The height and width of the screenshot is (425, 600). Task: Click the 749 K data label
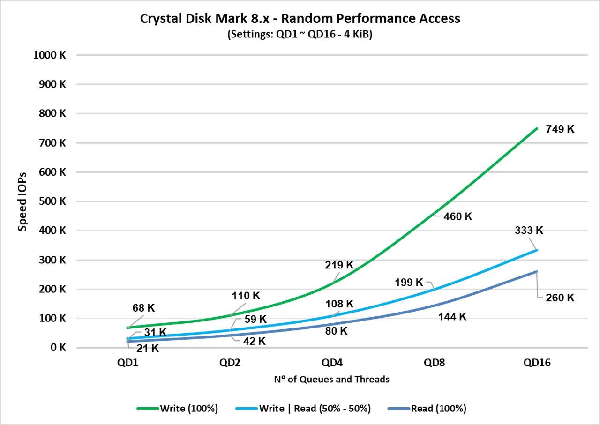[560, 129]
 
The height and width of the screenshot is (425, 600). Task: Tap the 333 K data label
[528, 230]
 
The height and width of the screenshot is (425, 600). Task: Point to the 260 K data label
[560, 298]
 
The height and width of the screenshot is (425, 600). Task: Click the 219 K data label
[339, 265]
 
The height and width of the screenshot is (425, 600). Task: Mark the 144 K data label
[452, 316]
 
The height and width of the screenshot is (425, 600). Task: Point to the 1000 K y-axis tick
[49, 55]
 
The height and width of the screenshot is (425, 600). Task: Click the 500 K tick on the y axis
[52, 201]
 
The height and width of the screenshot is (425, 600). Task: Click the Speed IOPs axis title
[22, 201]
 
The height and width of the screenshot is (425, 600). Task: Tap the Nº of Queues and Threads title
[331, 380]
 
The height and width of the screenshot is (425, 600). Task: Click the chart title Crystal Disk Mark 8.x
[300, 19]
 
